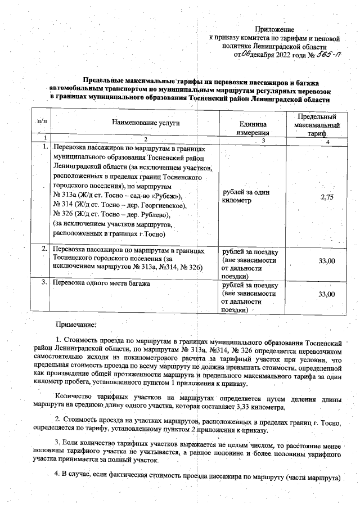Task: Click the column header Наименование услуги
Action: point(145,121)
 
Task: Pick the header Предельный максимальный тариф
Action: point(316,125)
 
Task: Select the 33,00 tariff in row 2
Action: point(326,261)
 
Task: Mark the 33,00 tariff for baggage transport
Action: point(326,294)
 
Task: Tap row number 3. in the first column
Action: point(43,283)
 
